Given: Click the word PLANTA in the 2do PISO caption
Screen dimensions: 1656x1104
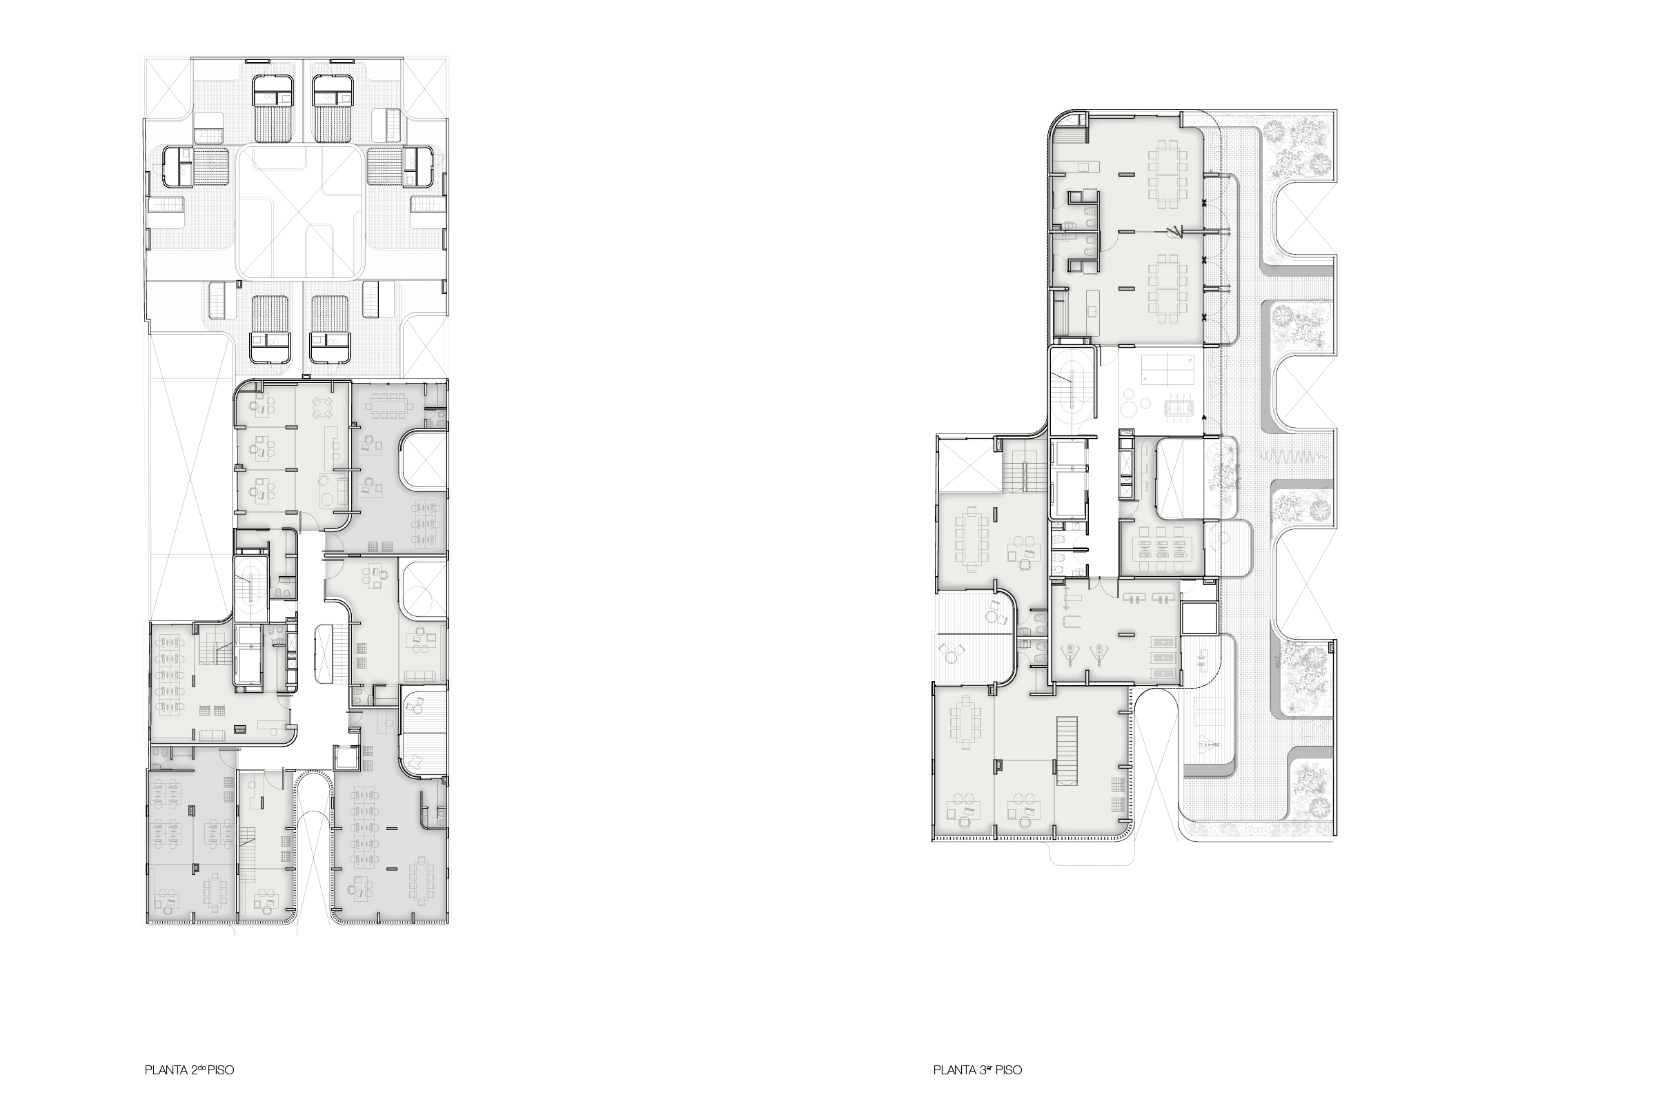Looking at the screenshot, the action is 166,1069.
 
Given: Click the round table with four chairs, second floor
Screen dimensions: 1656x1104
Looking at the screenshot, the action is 322,408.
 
